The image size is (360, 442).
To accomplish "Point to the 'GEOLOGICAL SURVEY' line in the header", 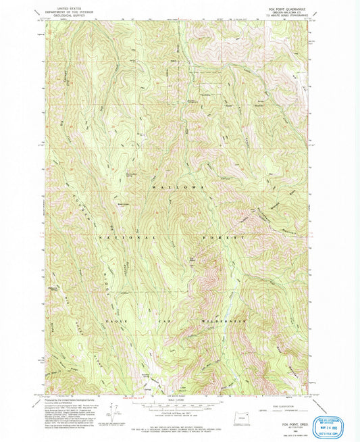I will pos(68,14).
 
